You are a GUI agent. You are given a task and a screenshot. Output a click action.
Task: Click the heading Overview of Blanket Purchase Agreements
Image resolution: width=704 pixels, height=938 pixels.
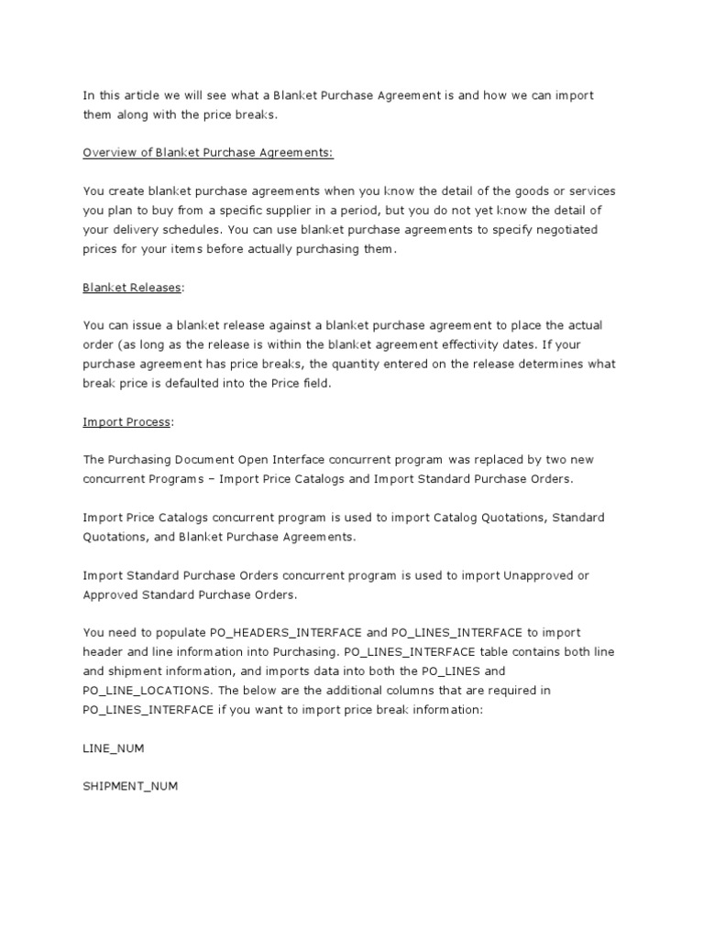[x=208, y=153]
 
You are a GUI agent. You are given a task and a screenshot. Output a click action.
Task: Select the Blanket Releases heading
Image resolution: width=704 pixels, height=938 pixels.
[x=132, y=287]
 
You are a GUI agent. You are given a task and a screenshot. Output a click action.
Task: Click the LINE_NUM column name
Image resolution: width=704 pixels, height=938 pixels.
[x=113, y=747]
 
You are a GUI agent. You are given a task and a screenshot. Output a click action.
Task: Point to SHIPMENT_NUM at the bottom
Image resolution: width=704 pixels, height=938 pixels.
[x=129, y=786]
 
